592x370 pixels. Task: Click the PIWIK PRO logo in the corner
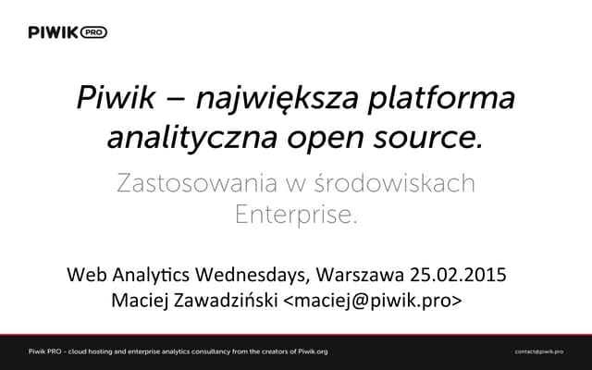tap(68, 31)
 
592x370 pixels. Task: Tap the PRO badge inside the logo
tap(94, 31)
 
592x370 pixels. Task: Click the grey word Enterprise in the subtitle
tap(295, 216)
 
